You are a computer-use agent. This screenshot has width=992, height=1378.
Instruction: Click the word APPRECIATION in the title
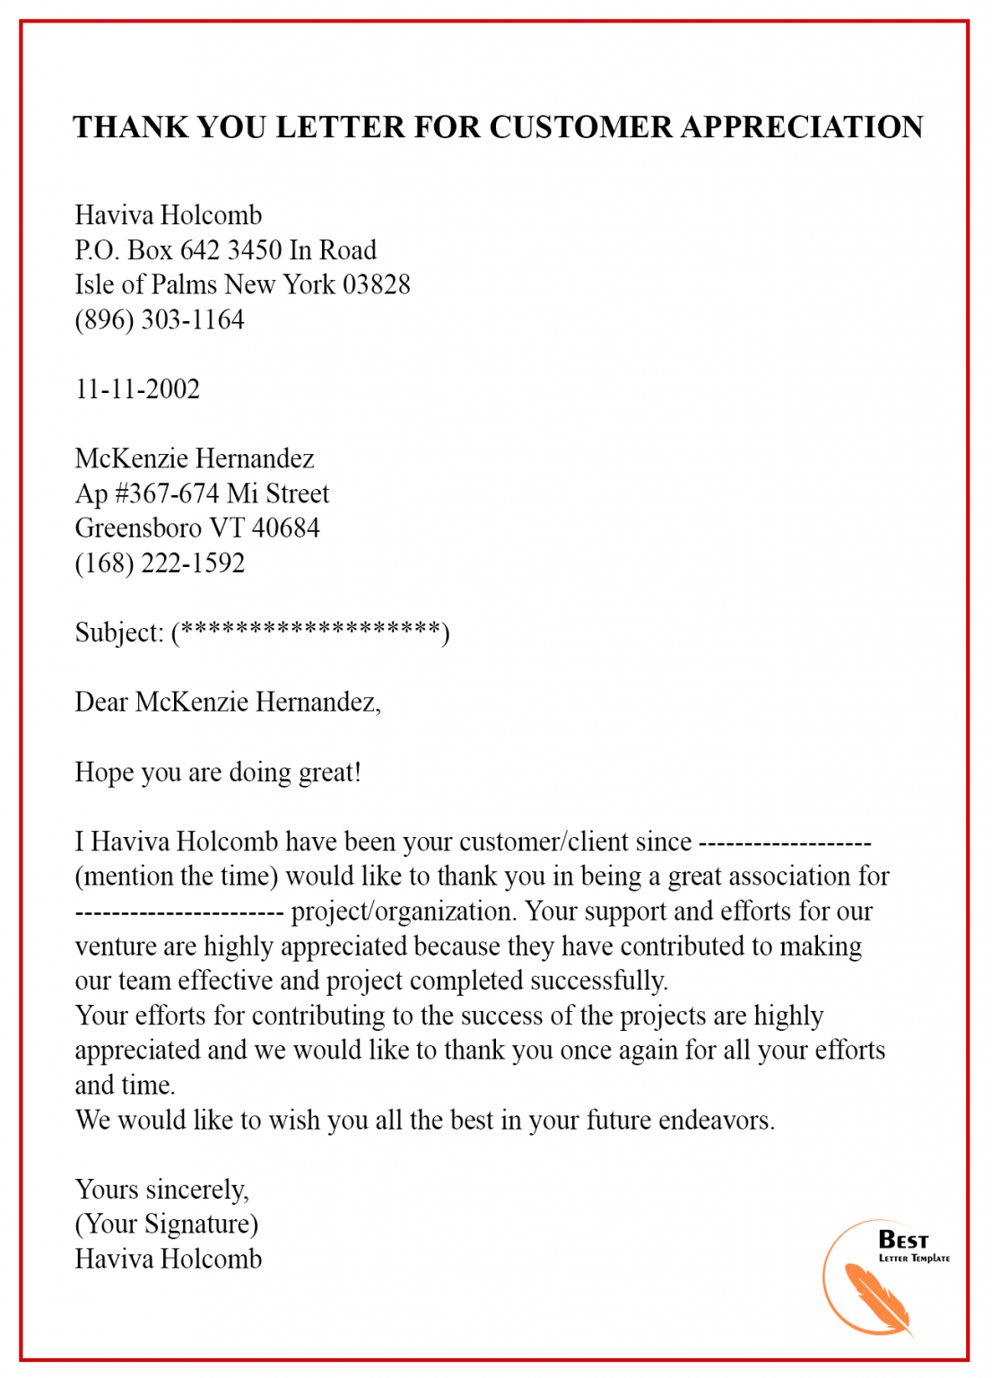tap(802, 127)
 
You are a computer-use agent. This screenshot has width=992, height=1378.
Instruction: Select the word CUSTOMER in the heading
tap(580, 127)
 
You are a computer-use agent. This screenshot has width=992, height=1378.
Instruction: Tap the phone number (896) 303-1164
tap(159, 319)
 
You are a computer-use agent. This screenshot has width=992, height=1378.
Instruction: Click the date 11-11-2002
tap(137, 389)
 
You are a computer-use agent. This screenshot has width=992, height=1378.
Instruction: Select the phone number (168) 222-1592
tap(160, 563)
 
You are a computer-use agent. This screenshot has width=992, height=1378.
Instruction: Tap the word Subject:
tap(119, 633)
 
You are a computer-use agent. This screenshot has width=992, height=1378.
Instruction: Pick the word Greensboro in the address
tap(137, 528)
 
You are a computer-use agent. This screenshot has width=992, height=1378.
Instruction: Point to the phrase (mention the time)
tap(176, 877)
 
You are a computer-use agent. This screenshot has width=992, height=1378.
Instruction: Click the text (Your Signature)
tap(166, 1225)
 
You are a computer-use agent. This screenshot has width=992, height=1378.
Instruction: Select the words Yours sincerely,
tap(161, 1190)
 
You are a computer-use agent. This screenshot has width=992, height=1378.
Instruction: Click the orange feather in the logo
tap(877, 1299)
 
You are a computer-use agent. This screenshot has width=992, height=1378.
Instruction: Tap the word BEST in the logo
tap(902, 1240)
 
